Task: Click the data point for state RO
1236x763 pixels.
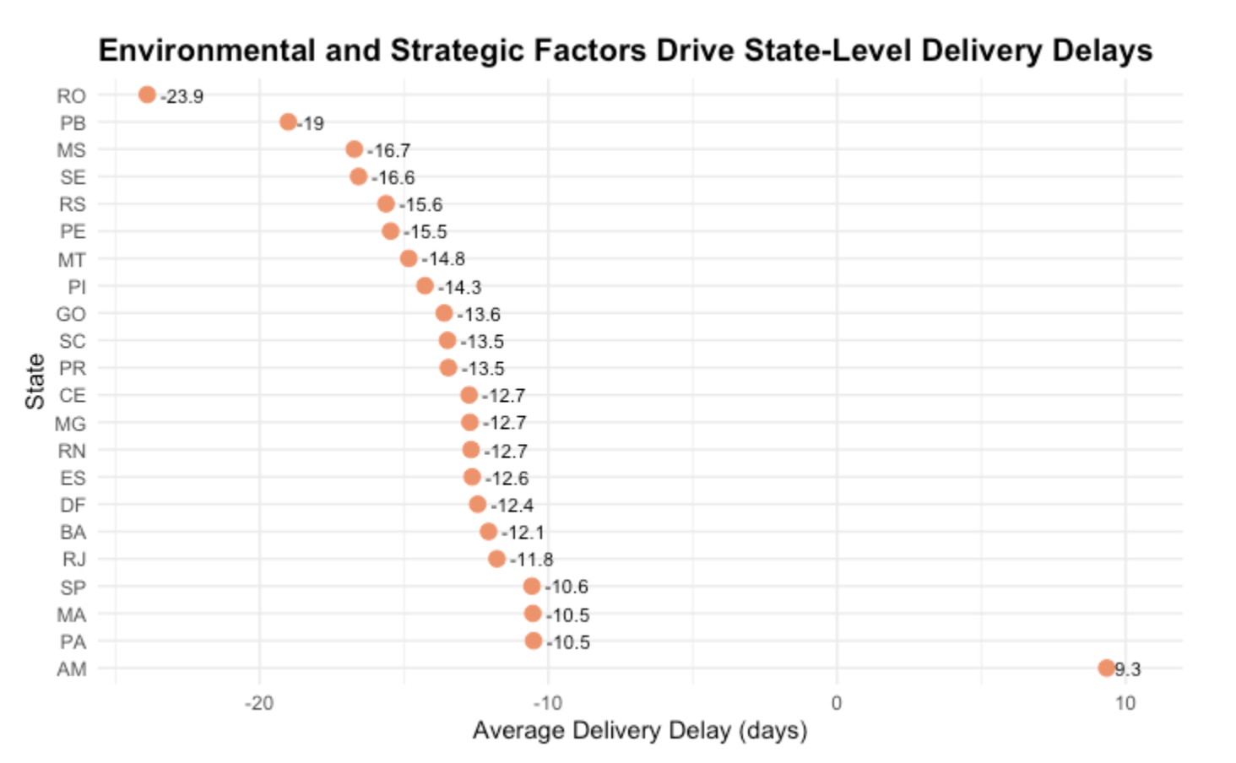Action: (147, 95)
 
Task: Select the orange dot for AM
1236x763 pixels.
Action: (1106, 668)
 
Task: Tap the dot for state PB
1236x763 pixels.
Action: (288, 122)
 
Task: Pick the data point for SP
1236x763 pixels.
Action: (531, 586)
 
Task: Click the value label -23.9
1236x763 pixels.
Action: (182, 96)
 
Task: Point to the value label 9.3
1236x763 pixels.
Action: (1127, 669)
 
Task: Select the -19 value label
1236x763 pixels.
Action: (311, 123)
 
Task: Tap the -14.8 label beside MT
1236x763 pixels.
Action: (443, 259)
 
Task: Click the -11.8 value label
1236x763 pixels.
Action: (531, 560)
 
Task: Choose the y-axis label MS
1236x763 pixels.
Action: (72, 150)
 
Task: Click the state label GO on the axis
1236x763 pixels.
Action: (71, 314)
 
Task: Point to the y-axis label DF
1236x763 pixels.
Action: (73, 505)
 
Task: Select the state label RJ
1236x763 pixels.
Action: (74, 560)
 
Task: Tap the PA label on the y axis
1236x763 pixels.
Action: (73, 642)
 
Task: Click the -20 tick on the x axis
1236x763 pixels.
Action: (259, 703)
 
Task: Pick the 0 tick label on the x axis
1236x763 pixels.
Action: (837, 703)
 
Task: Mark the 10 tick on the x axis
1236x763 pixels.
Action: (1125, 703)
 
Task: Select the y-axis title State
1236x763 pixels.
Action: (35, 381)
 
